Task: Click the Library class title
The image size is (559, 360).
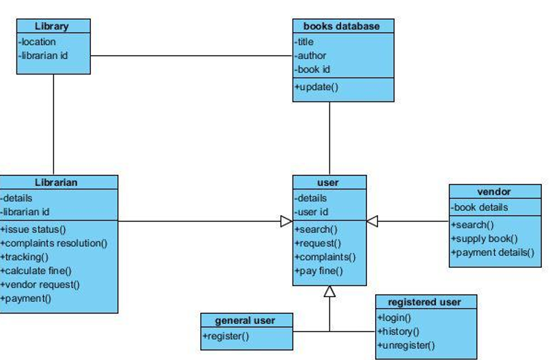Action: click(52, 26)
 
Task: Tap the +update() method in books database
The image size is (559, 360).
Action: click(316, 87)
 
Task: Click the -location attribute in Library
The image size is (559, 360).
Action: click(38, 42)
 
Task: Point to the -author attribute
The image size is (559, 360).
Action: click(311, 55)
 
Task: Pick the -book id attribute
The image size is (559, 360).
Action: click(313, 69)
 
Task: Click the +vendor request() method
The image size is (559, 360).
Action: click(40, 285)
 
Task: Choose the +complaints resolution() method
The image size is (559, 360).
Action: click(54, 243)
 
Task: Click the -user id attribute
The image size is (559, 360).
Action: click(312, 212)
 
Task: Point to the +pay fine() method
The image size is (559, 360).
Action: click(318, 271)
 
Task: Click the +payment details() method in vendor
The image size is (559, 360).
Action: click(491, 253)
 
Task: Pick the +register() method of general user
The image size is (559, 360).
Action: click(226, 335)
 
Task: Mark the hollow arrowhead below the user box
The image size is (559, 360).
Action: click(329, 292)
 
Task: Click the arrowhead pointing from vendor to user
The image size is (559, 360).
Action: click(372, 221)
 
